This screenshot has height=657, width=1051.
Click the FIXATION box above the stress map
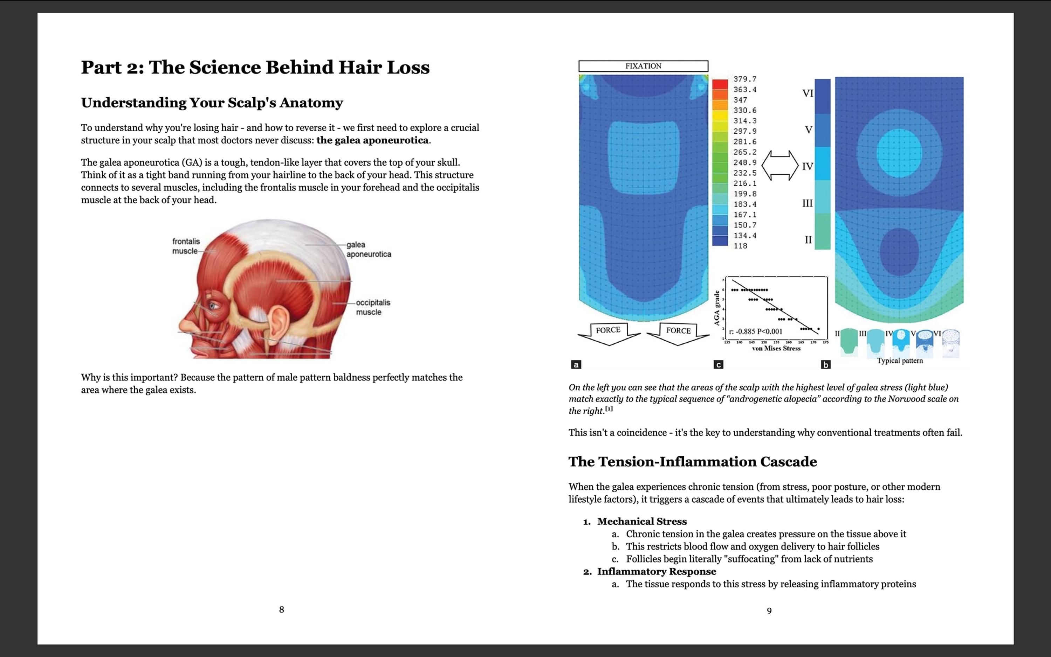(643, 66)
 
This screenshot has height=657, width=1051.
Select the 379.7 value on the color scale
(744, 79)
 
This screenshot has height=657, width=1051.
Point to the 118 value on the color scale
(740, 246)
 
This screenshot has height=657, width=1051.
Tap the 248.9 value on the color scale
(744, 162)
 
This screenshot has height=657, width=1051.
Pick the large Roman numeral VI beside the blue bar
(808, 93)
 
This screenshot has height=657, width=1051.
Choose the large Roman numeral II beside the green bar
(808, 240)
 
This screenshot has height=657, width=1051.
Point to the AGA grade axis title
(717, 308)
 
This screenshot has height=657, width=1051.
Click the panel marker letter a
(576, 365)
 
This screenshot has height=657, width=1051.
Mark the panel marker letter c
(718, 365)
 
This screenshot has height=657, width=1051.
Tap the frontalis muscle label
(186, 246)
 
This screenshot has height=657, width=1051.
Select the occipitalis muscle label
(373, 307)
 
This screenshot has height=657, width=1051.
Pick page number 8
(281, 610)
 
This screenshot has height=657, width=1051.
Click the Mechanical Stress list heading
(641, 522)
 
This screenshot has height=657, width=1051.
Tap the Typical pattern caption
(899, 361)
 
